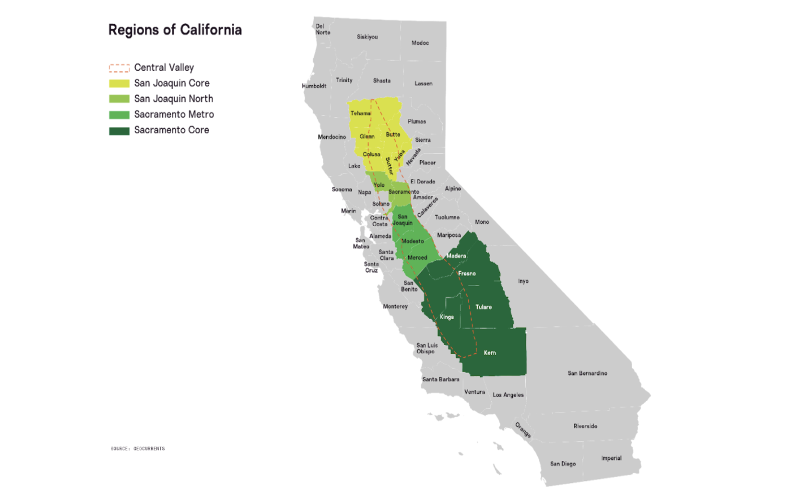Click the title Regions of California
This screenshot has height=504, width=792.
pyautogui.click(x=175, y=30)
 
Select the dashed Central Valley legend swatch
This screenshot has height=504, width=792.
pyautogui.click(x=119, y=68)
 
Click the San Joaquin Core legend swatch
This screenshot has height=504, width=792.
pyautogui.click(x=119, y=84)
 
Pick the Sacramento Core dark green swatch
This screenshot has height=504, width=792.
pyautogui.click(x=119, y=131)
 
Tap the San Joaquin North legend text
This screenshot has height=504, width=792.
pyautogui.click(x=173, y=99)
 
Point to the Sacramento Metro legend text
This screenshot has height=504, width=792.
pyautogui.click(x=174, y=115)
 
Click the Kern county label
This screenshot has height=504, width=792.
pyautogui.click(x=490, y=353)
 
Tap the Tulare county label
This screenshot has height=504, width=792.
pyautogui.click(x=483, y=307)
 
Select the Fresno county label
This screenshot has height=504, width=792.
pyautogui.click(x=467, y=274)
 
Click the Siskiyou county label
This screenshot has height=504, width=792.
pyautogui.click(x=367, y=37)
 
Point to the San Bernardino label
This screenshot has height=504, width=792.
pyautogui.click(x=587, y=373)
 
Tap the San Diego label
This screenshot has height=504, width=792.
pyautogui.click(x=563, y=464)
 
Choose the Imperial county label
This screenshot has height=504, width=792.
pyautogui.click(x=611, y=458)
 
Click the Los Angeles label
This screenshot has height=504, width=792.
pyautogui.click(x=508, y=395)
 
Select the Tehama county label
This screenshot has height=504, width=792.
pyautogui.click(x=360, y=114)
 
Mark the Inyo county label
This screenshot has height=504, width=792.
pyautogui.click(x=523, y=282)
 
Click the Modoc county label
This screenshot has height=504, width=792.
pyautogui.click(x=420, y=43)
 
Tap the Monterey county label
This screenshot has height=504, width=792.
pyautogui.click(x=395, y=307)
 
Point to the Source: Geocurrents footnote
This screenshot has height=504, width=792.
pyautogui.click(x=138, y=449)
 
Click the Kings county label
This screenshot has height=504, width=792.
pyautogui.click(x=447, y=317)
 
